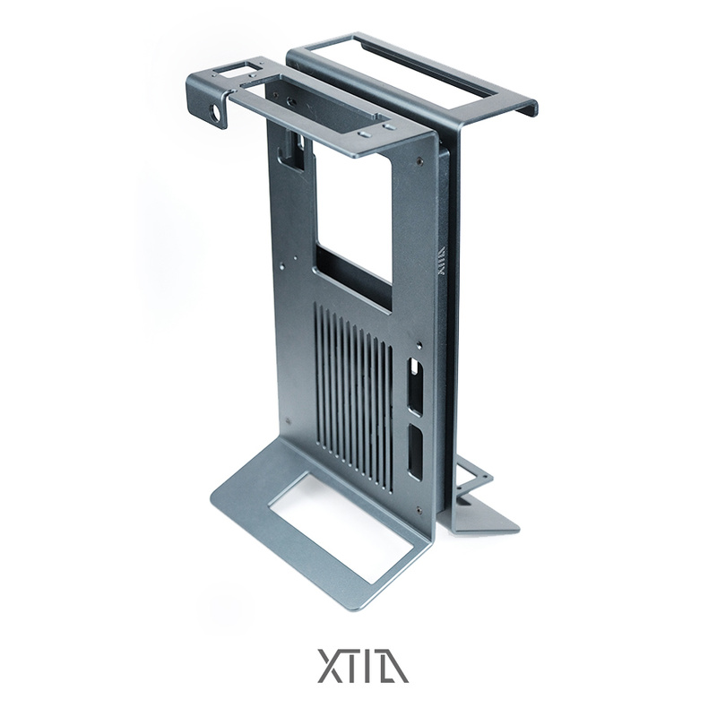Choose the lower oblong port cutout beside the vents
(x=416, y=452)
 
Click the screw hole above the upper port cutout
(x=418, y=346)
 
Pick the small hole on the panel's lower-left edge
(x=286, y=418)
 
